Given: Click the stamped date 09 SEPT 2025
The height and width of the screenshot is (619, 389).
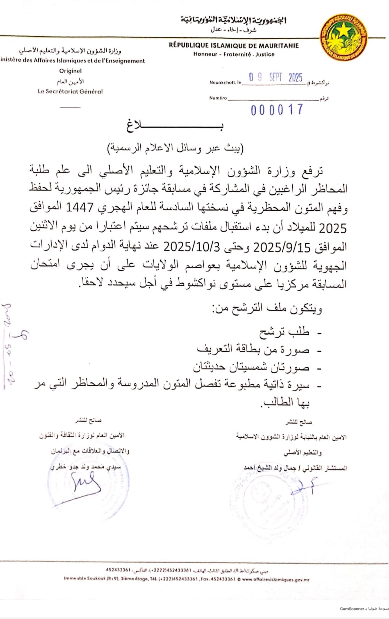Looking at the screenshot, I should click(276, 78).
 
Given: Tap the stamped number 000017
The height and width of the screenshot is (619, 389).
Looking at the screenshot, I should click(277, 110).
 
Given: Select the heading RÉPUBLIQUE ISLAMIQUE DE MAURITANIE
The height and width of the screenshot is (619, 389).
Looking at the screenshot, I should click(234, 46).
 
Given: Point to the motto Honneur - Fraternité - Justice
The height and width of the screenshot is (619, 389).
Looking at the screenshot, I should click(234, 54).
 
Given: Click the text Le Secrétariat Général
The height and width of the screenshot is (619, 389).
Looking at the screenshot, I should click(70, 91).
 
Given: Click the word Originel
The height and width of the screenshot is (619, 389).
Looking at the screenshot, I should click(70, 71).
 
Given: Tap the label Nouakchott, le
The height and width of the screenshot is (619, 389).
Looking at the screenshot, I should click(225, 82).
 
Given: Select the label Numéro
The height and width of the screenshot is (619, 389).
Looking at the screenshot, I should click(218, 98).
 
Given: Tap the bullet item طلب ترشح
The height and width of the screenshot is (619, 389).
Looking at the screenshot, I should click(284, 332).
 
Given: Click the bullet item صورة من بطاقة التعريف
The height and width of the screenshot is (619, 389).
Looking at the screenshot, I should click(253, 350).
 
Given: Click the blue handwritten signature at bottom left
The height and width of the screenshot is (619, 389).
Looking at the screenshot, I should click(86, 482).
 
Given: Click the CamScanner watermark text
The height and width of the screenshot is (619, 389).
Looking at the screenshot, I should click(351, 609).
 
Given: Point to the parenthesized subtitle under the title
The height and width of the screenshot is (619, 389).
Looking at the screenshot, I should click(176, 148).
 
